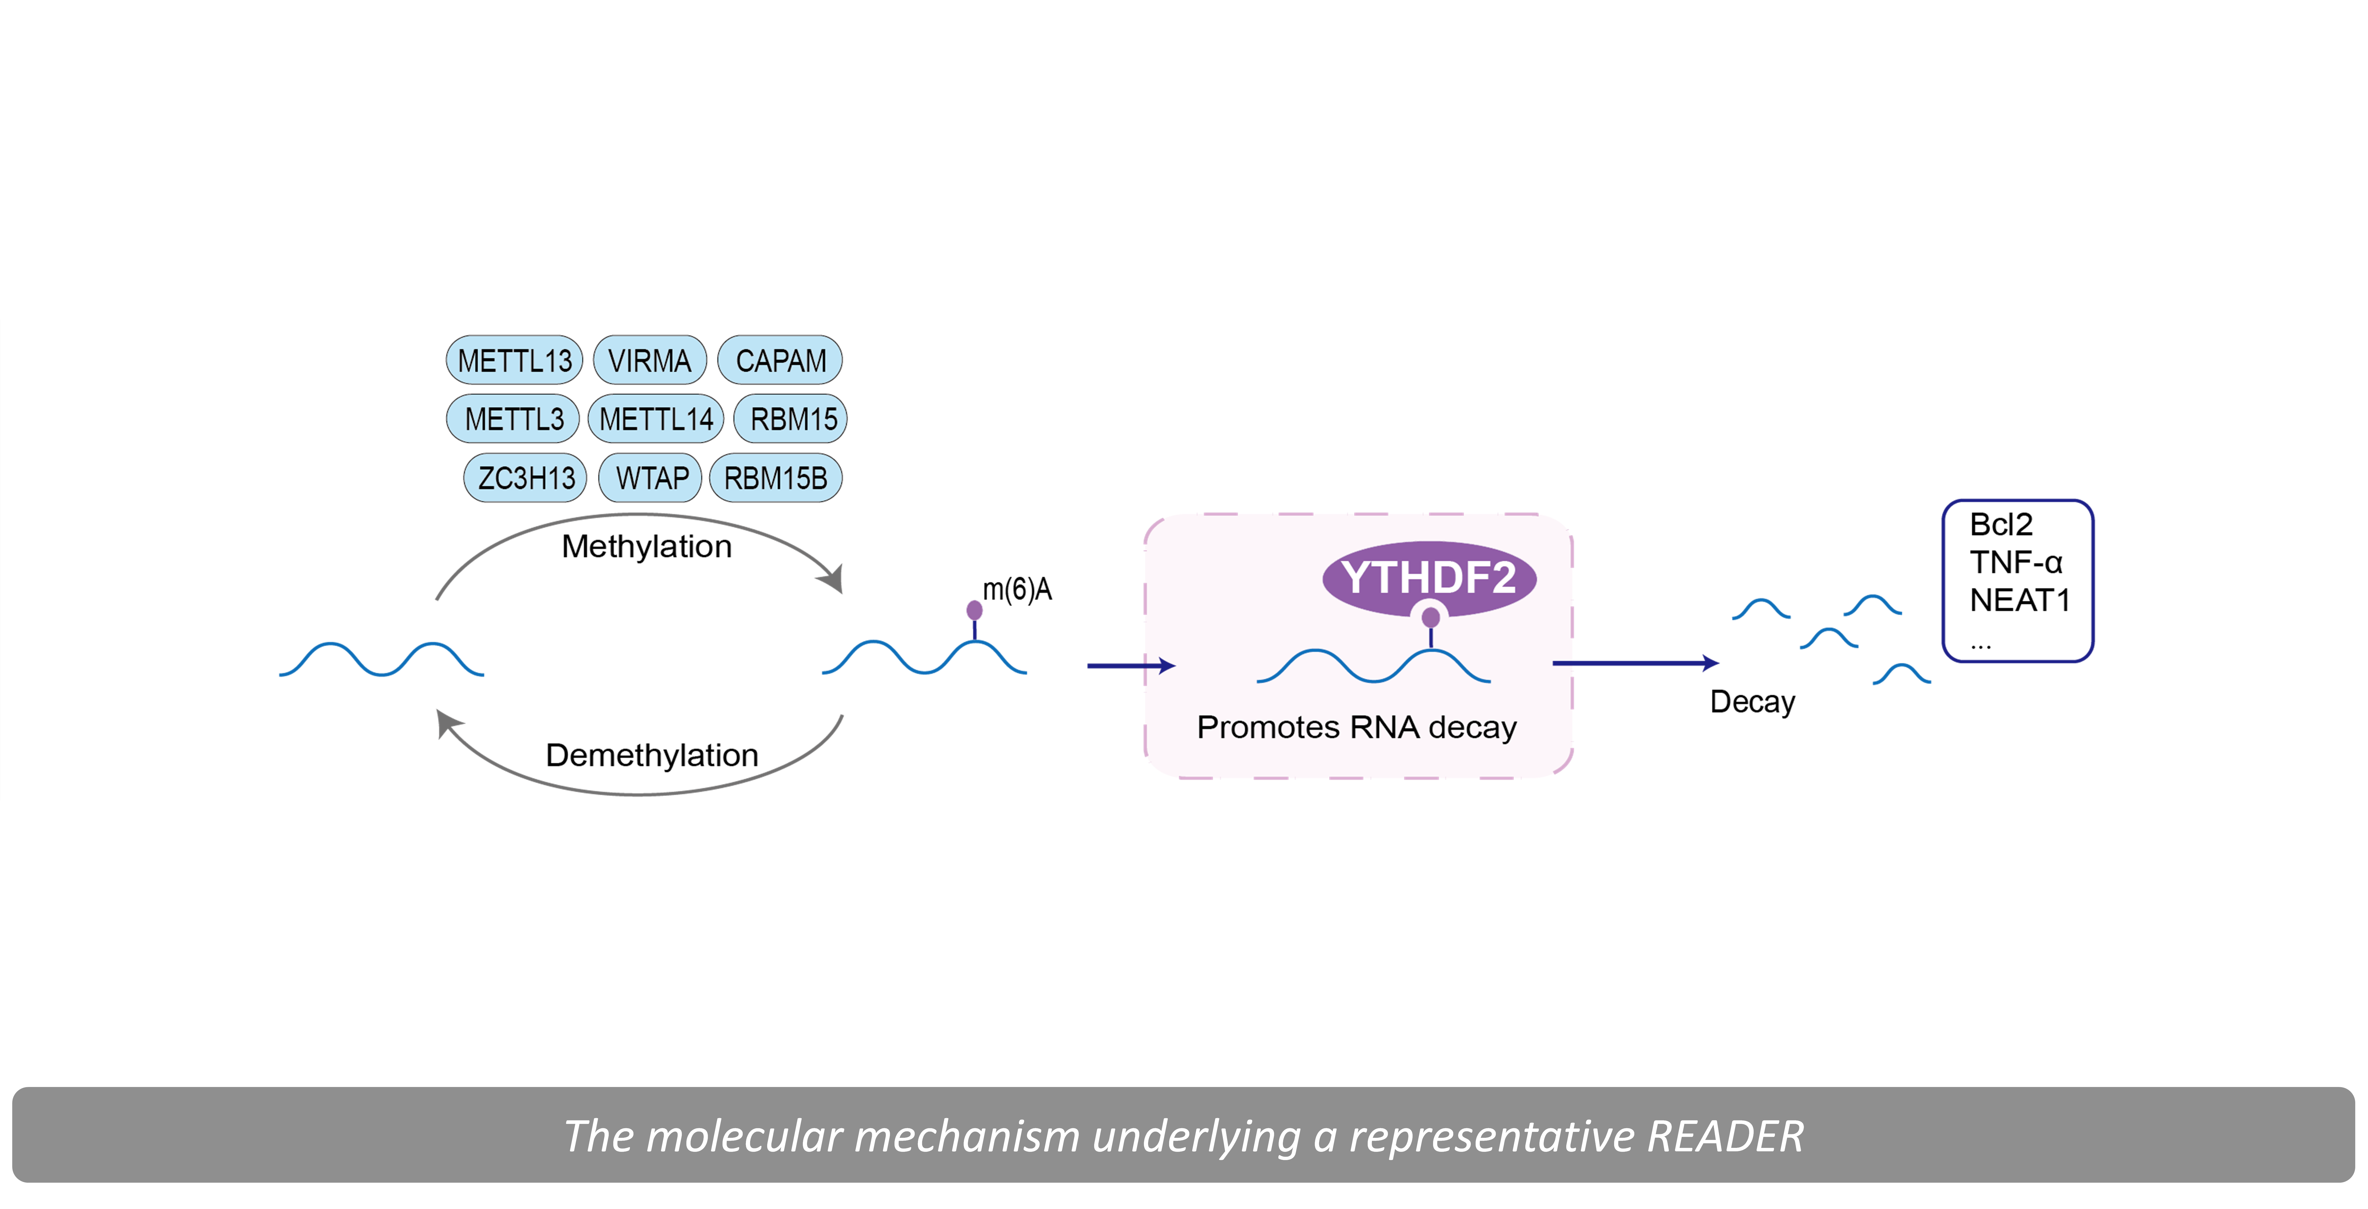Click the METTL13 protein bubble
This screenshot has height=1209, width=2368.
(x=514, y=360)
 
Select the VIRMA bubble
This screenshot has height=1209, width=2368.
(x=650, y=360)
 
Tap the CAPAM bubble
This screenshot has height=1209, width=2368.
(x=779, y=360)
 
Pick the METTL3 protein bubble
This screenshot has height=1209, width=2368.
(x=513, y=419)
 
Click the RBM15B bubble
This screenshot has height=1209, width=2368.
(x=776, y=478)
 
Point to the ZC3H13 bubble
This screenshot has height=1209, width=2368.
(x=525, y=478)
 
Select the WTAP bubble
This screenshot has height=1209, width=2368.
(x=651, y=478)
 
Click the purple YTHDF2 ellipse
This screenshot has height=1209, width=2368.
(x=1429, y=577)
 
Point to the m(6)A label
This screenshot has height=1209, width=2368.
(x=1017, y=589)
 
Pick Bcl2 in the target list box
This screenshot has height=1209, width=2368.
(x=2001, y=525)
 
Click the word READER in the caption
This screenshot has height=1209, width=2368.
(x=1724, y=1136)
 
